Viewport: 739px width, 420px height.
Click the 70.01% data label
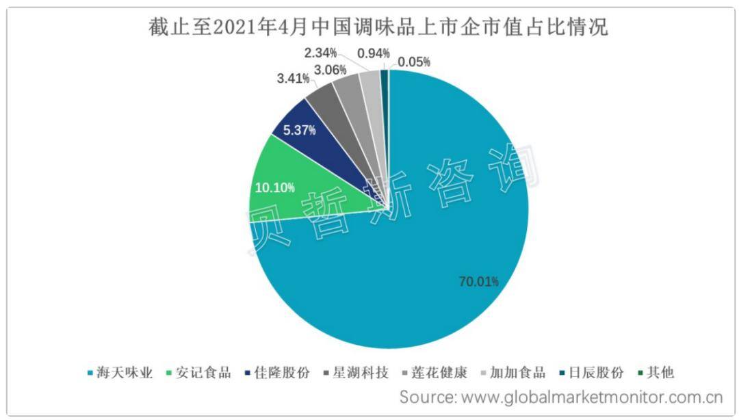[478, 281]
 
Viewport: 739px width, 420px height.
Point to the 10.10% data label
[275, 187]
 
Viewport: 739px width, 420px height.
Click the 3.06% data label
[330, 69]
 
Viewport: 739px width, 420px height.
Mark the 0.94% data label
[374, 53]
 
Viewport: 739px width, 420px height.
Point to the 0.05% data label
[414, 62]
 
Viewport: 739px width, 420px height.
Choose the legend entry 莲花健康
[439, 373]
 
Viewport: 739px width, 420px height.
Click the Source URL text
[561, 397]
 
